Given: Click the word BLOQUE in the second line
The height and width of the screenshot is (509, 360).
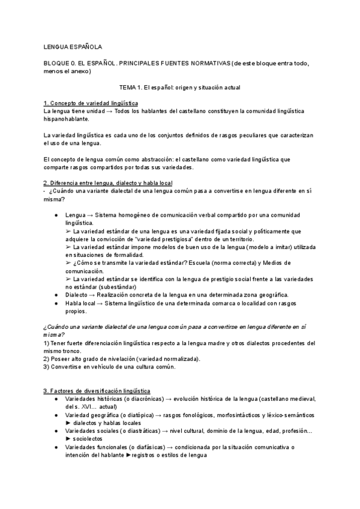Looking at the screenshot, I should [x=58, y=62].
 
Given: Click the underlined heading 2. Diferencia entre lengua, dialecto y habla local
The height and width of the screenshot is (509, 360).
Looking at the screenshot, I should [x=108, y=182].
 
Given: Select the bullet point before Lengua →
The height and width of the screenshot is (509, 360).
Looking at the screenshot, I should [x=56, y=214].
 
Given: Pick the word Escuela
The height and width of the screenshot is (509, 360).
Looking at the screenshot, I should [x=197, y=263].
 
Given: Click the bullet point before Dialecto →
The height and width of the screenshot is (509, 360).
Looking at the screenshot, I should [x=56, y=294].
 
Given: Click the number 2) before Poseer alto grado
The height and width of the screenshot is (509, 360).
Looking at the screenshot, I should [x=47, y=358].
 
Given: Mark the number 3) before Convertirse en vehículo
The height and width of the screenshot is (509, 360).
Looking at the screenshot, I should [x=47, y=367].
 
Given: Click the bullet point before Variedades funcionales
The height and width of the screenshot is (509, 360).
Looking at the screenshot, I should [x=56, y=447].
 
